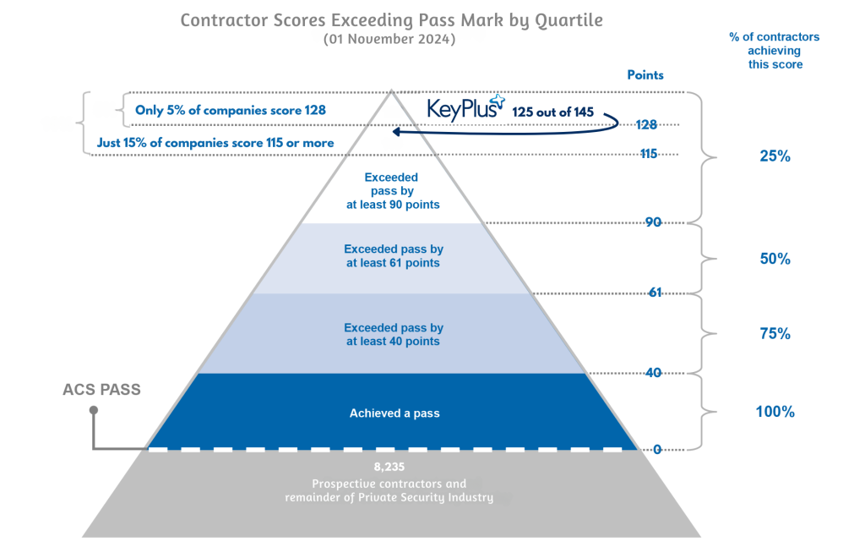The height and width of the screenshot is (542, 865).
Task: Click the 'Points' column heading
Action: tap(645, 74)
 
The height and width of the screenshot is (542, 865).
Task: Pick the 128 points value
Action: tap(647, 124)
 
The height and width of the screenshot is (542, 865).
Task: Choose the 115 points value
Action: tap(647, 154)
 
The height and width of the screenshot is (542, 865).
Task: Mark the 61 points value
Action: tap(654, 293)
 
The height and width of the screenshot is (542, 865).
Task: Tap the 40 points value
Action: tap(651, 372)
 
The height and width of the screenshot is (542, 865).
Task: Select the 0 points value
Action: tap(657, 450)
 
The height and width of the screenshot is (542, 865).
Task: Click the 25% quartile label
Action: tap(775, 156)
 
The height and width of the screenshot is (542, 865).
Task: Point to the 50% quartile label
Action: tap(775, 259)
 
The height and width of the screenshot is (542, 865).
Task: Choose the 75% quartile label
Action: tap(775, 334)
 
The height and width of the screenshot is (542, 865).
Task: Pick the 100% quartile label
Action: tap(775, 412)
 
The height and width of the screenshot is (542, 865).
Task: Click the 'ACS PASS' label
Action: tap(102, 391)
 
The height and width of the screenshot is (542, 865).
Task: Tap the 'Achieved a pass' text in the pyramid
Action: tap(394, 413)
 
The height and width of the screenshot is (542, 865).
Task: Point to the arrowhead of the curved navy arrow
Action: tap(394, 131)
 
